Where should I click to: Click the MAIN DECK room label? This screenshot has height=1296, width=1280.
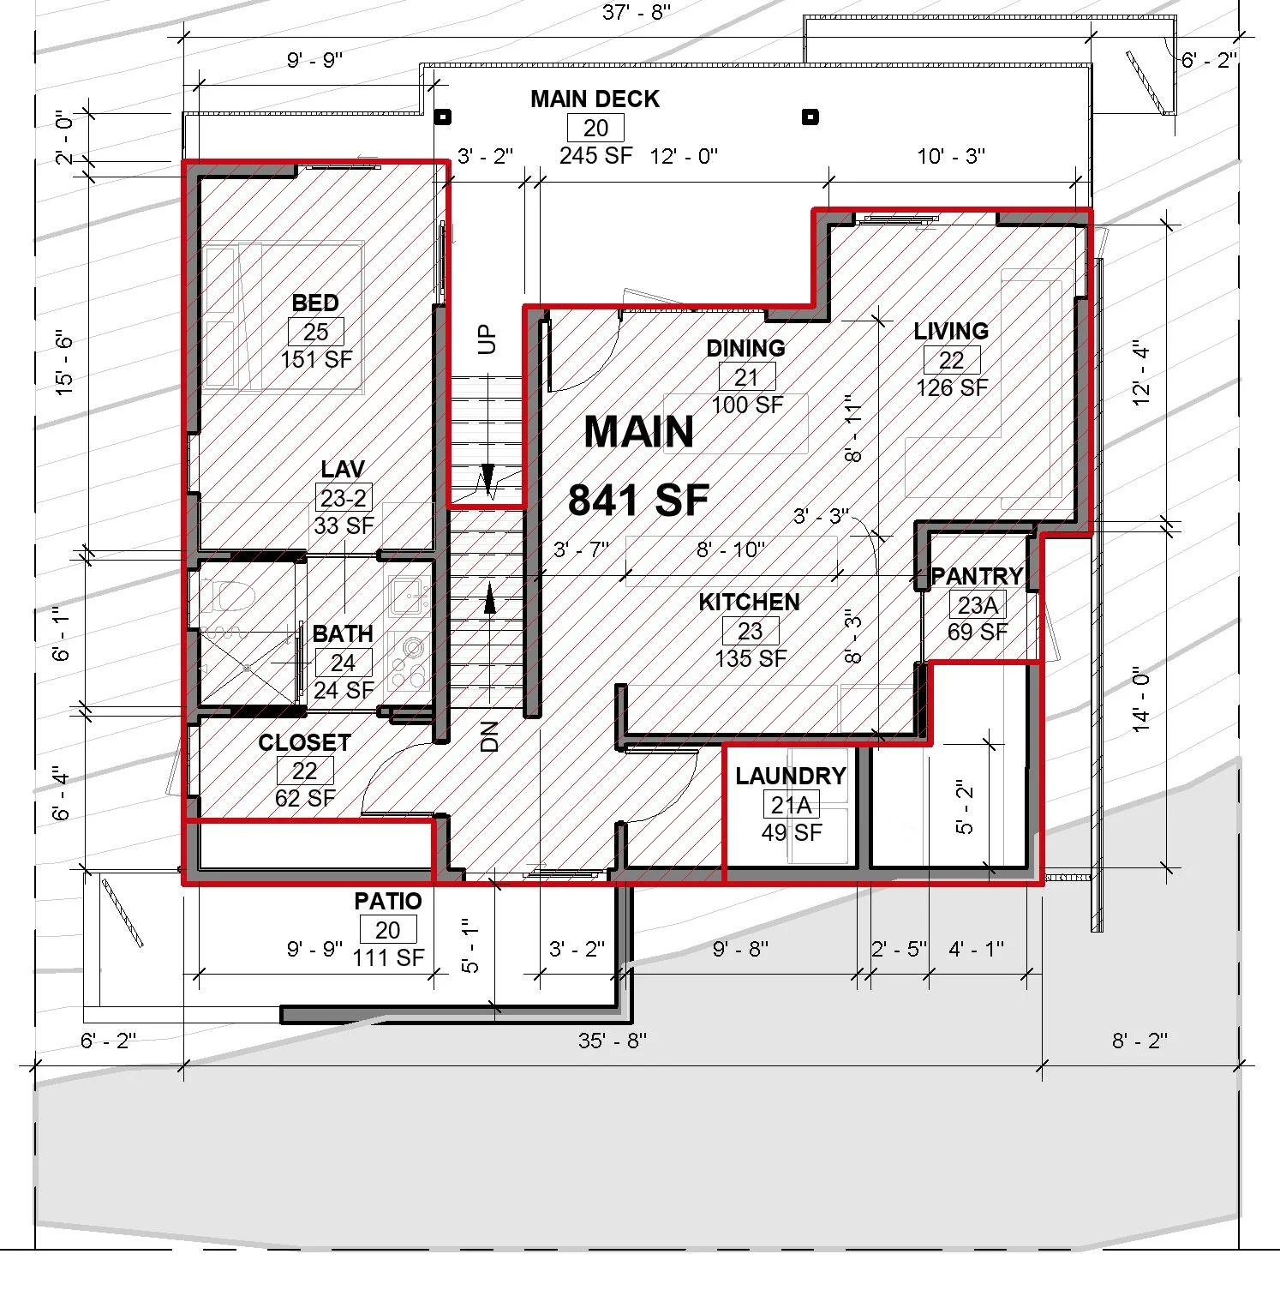pyautogui.click(x=595, y=99)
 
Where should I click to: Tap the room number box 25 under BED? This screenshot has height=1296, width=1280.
pyautogui.click(x=315, y=332)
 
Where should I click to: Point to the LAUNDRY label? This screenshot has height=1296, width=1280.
pyautogui.click(x=790, y=777)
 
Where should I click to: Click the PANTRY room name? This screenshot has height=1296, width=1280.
pyautogui.click(x=977, y=576)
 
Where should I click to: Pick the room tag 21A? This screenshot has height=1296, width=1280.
pyautogui.click(x=791, y=805)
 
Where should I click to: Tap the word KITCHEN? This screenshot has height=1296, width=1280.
pyautogui.click(x=749, y=603)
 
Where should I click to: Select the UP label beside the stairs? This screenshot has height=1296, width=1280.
pyautogui.click(x=487, y=339)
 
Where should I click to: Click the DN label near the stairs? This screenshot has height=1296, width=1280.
pyautogui.click(x=489, y=736)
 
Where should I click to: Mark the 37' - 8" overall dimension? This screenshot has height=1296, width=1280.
pyautogui.click(x=636, y=12)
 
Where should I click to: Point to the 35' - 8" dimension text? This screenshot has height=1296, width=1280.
pyautogui.click(x=612, y=1041)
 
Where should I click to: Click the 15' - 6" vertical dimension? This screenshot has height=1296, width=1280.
pyautogui.click(x=65, y=363)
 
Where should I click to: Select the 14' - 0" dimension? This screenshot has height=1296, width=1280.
pyautogui.click(x=1141, y=700)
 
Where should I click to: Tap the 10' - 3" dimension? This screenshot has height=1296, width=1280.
pyautogui.click(x=951, y=156)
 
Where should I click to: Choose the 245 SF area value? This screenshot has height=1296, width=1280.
pyautogui.click(x=595, y=156)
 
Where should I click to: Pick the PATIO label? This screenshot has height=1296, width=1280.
pyautogui.click(x=388, y=902)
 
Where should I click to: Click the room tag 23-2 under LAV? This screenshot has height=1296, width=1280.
pyautogui.click(x=344, y=498)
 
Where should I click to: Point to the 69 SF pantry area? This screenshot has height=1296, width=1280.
pyautogui.click(x=978, y=633)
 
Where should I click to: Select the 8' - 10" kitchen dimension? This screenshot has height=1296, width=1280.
pyautogui.click(x=730, y=549)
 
